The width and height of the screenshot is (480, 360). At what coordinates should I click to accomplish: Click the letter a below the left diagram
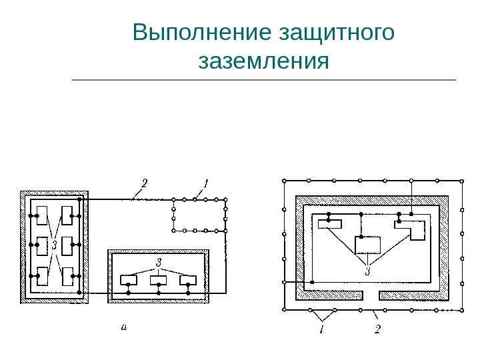(x=123, y=327)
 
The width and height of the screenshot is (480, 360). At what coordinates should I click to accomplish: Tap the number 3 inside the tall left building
(x=54, y=245)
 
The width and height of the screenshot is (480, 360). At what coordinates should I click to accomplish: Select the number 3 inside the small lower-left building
(x=159, y=261)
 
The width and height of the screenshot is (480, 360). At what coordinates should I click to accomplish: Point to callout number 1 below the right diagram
(x=321, y=329)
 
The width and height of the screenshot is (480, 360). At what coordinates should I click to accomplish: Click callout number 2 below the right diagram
(x=377, y=329)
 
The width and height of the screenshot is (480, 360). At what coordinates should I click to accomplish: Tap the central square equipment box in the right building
(x=367, y=245)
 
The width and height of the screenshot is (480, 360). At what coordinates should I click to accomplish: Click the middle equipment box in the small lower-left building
(x=159, y=280)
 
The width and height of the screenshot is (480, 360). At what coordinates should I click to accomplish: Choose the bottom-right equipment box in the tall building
(x=67, y=275)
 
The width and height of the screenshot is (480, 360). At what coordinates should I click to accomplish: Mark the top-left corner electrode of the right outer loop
(x=285, y=181)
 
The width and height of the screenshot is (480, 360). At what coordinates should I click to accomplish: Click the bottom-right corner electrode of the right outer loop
(x=462, y=309)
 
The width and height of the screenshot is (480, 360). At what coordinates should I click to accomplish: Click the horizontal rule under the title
(x=264, y=80)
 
